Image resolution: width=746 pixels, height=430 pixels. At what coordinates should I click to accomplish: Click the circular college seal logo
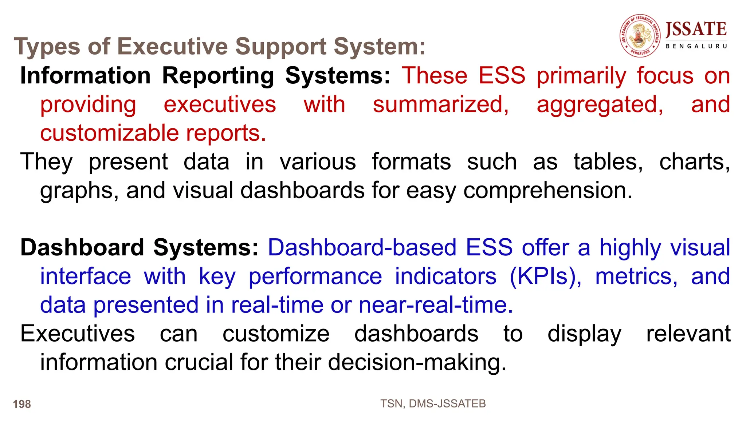[x=640, y=36]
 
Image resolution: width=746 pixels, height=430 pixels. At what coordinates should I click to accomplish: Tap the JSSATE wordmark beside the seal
[x=696, y=29]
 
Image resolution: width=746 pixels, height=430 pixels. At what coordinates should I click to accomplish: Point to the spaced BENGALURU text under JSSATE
[x=696, y=46]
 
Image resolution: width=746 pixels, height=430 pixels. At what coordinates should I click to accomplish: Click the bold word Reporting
[x=218, y=76]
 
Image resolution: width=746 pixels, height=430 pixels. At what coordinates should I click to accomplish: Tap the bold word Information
[x=85, y=76]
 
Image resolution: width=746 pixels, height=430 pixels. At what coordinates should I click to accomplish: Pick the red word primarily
[x=581, y=76]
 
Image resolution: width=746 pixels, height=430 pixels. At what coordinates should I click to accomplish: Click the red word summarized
[x=440, y=104]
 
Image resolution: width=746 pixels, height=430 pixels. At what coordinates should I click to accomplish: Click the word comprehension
[x=548, y=190]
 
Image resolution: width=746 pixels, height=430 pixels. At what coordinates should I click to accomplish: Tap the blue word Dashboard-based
[x=362, y=247]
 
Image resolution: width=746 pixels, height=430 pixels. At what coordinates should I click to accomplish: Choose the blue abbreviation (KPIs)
[x=545, y=276]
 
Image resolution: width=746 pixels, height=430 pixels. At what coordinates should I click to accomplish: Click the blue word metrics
[x=636, y=276]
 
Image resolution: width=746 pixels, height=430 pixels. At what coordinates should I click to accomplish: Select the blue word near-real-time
[x=436, y=305]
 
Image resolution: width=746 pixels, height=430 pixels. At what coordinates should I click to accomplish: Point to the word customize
[x=276, y=333]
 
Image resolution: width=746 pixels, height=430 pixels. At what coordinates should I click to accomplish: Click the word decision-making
[x=417, y=362]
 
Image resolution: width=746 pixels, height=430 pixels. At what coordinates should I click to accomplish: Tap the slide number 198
[x=22, y=404]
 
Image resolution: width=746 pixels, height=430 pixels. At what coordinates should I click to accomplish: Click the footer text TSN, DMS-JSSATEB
[x=433, y=403]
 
